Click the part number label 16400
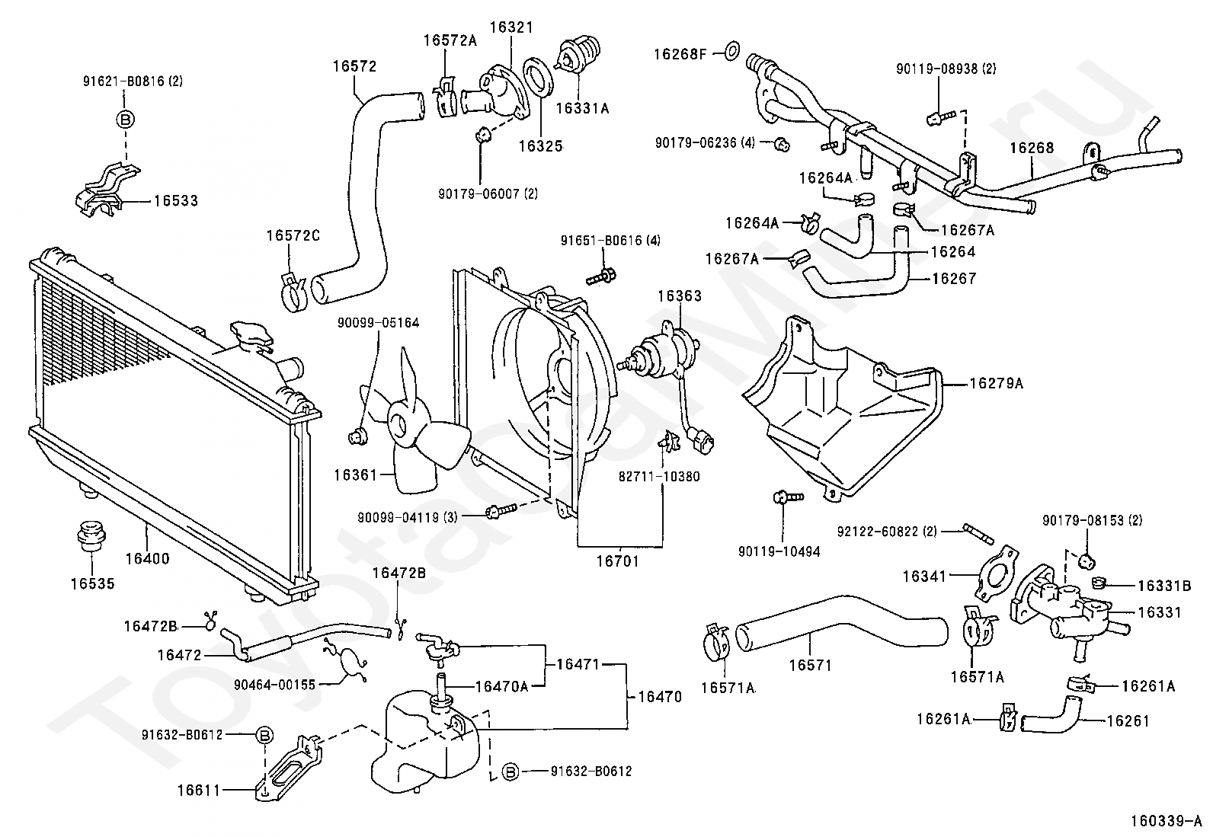click(147, 558)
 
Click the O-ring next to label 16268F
click(729, 53)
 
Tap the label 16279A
click(996, 384)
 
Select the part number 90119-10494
click(779, 551)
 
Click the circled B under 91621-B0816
click(126, 119)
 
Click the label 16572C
click(293, 236)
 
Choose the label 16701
click(618, 561)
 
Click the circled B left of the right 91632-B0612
click(510, 772)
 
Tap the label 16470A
click(501, 685)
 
